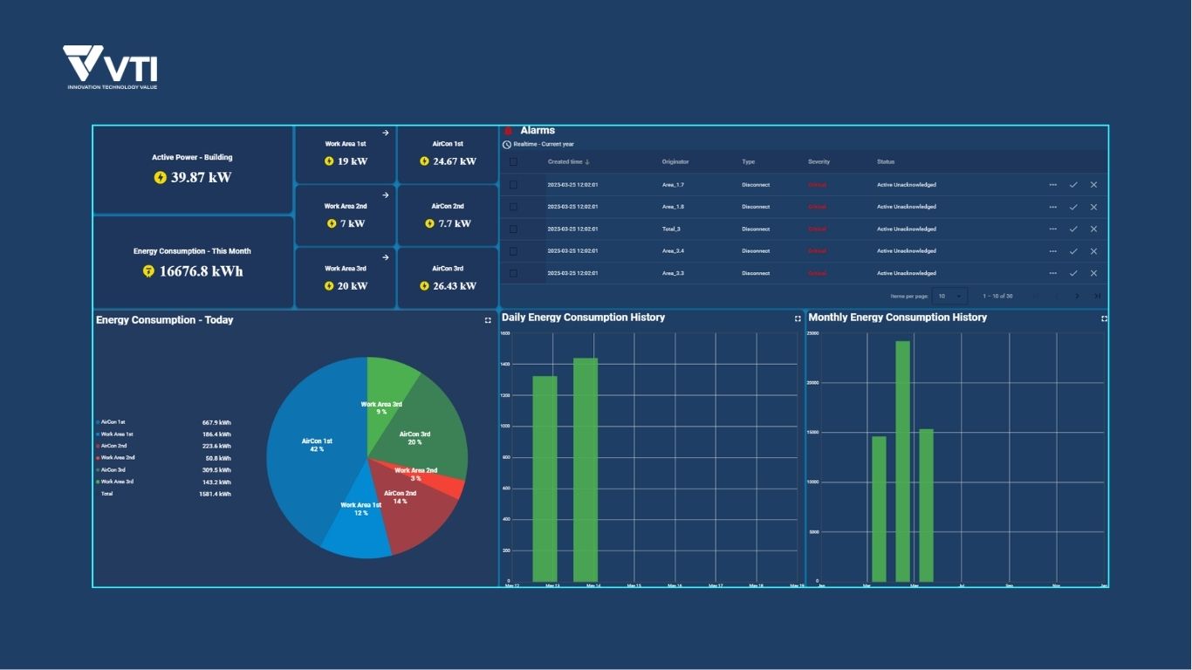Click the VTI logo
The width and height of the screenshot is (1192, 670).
tap(110, 66)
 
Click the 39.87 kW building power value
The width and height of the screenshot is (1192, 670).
tap(201, 177)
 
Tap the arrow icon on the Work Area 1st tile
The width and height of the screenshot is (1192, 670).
tap(386, 133)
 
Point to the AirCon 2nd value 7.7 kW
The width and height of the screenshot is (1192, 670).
tap(454, 223)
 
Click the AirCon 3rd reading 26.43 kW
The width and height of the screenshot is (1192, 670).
tap(455, 286)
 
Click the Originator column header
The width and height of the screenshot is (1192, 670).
tap(675, 161)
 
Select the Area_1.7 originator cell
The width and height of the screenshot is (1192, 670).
tap(674, 185)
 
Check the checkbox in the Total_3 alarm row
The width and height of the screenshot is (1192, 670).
tap(513, 229)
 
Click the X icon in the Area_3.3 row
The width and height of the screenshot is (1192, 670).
tap(1093, 273)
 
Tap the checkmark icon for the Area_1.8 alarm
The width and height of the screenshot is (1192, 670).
tap(1073, 207)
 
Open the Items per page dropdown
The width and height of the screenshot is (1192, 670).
tap(949, 296)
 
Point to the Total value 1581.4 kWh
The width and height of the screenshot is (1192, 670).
tap(215, 494)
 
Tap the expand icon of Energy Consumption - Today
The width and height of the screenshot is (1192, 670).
tap(488, 320)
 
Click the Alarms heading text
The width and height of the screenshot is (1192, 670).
tap(538, 131)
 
